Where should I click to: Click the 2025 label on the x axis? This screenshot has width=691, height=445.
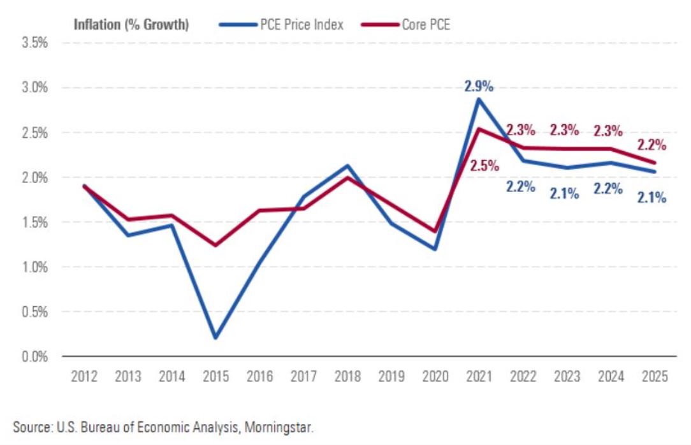click(653, 376)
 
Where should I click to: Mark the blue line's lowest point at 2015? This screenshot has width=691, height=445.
click(215, 338)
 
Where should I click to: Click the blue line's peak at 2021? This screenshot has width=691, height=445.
click(479, 98)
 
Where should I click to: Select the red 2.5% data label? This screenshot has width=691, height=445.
click(484, 166)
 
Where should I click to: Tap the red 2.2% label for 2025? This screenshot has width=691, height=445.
click(653, 145)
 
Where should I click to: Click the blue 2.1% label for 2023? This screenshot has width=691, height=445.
click(565, 193)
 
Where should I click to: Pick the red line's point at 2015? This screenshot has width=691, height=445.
click(215, 245)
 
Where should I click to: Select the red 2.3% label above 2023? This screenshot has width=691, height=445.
click(564, 130)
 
